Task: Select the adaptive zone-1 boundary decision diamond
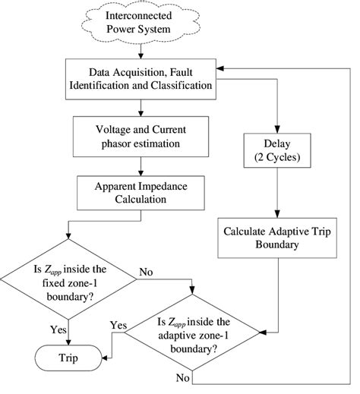point(194,335)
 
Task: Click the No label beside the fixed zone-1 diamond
point(147,271)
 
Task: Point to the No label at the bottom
point(183,377)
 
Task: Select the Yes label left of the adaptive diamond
point(118,325)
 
